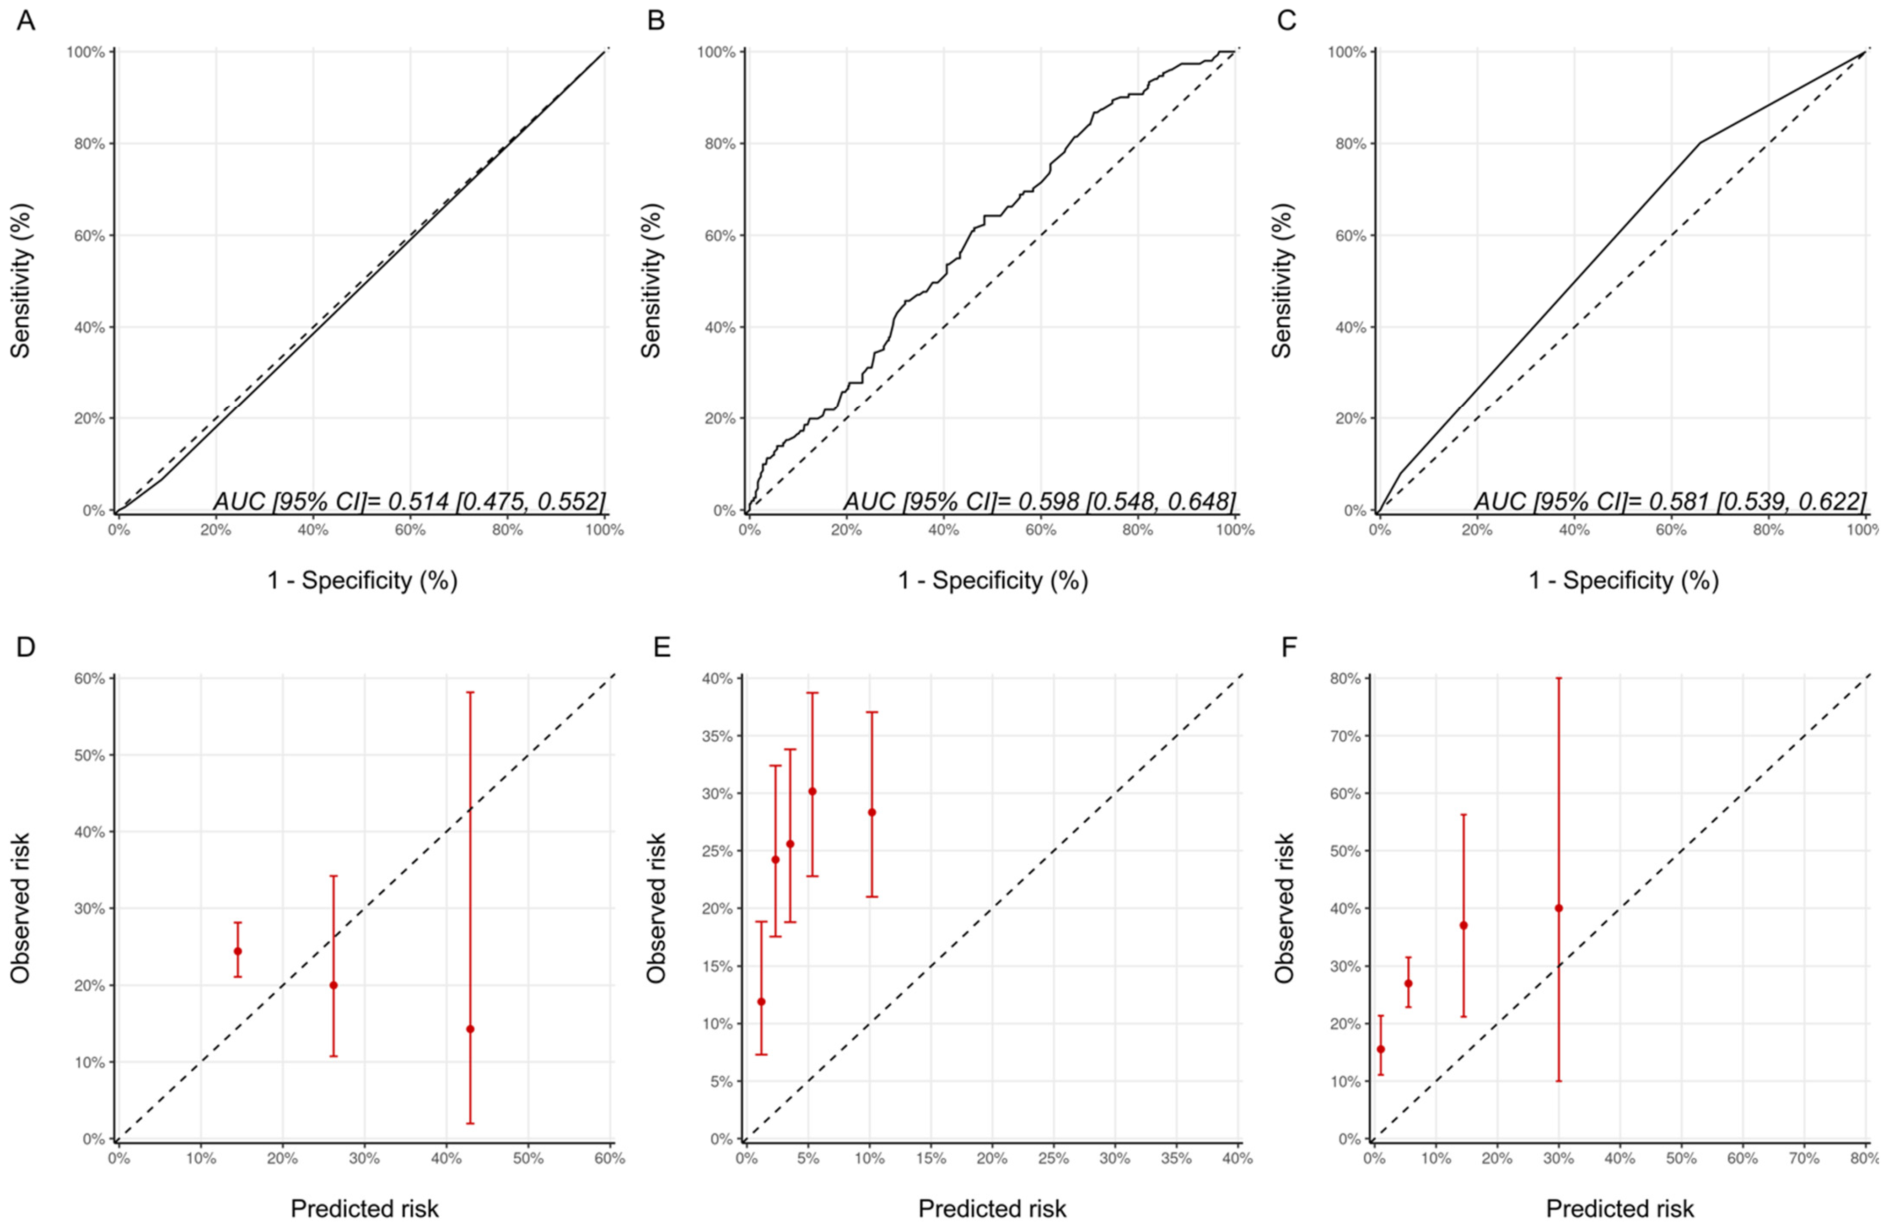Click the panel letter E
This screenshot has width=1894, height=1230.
[662, 647]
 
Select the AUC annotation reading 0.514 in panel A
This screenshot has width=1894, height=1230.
[409, 502]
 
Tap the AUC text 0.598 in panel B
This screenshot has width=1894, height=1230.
[1039, 502]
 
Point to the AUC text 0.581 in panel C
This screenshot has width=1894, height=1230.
[1669, 502]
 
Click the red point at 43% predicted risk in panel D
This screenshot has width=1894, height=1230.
[470, 1029]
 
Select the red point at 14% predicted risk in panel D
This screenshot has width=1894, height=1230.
[237, 950]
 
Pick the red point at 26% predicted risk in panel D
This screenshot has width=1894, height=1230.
[334, 985]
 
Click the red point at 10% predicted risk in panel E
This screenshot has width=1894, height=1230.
[872, 812]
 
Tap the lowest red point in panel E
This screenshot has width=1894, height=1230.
[761, 1002]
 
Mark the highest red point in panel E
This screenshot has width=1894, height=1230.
[812, 791]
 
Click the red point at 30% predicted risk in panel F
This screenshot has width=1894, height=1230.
[1558, 908]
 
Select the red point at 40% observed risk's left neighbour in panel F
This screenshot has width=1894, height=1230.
[1463, 925]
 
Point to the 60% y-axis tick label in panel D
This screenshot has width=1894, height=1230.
[89, 678]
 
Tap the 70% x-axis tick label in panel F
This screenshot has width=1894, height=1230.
[1803, 1158]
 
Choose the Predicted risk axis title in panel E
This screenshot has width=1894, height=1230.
[991, 1208]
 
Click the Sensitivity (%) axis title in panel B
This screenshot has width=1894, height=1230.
[651, 280]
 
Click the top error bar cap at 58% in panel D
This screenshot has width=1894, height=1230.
[470, 693]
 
